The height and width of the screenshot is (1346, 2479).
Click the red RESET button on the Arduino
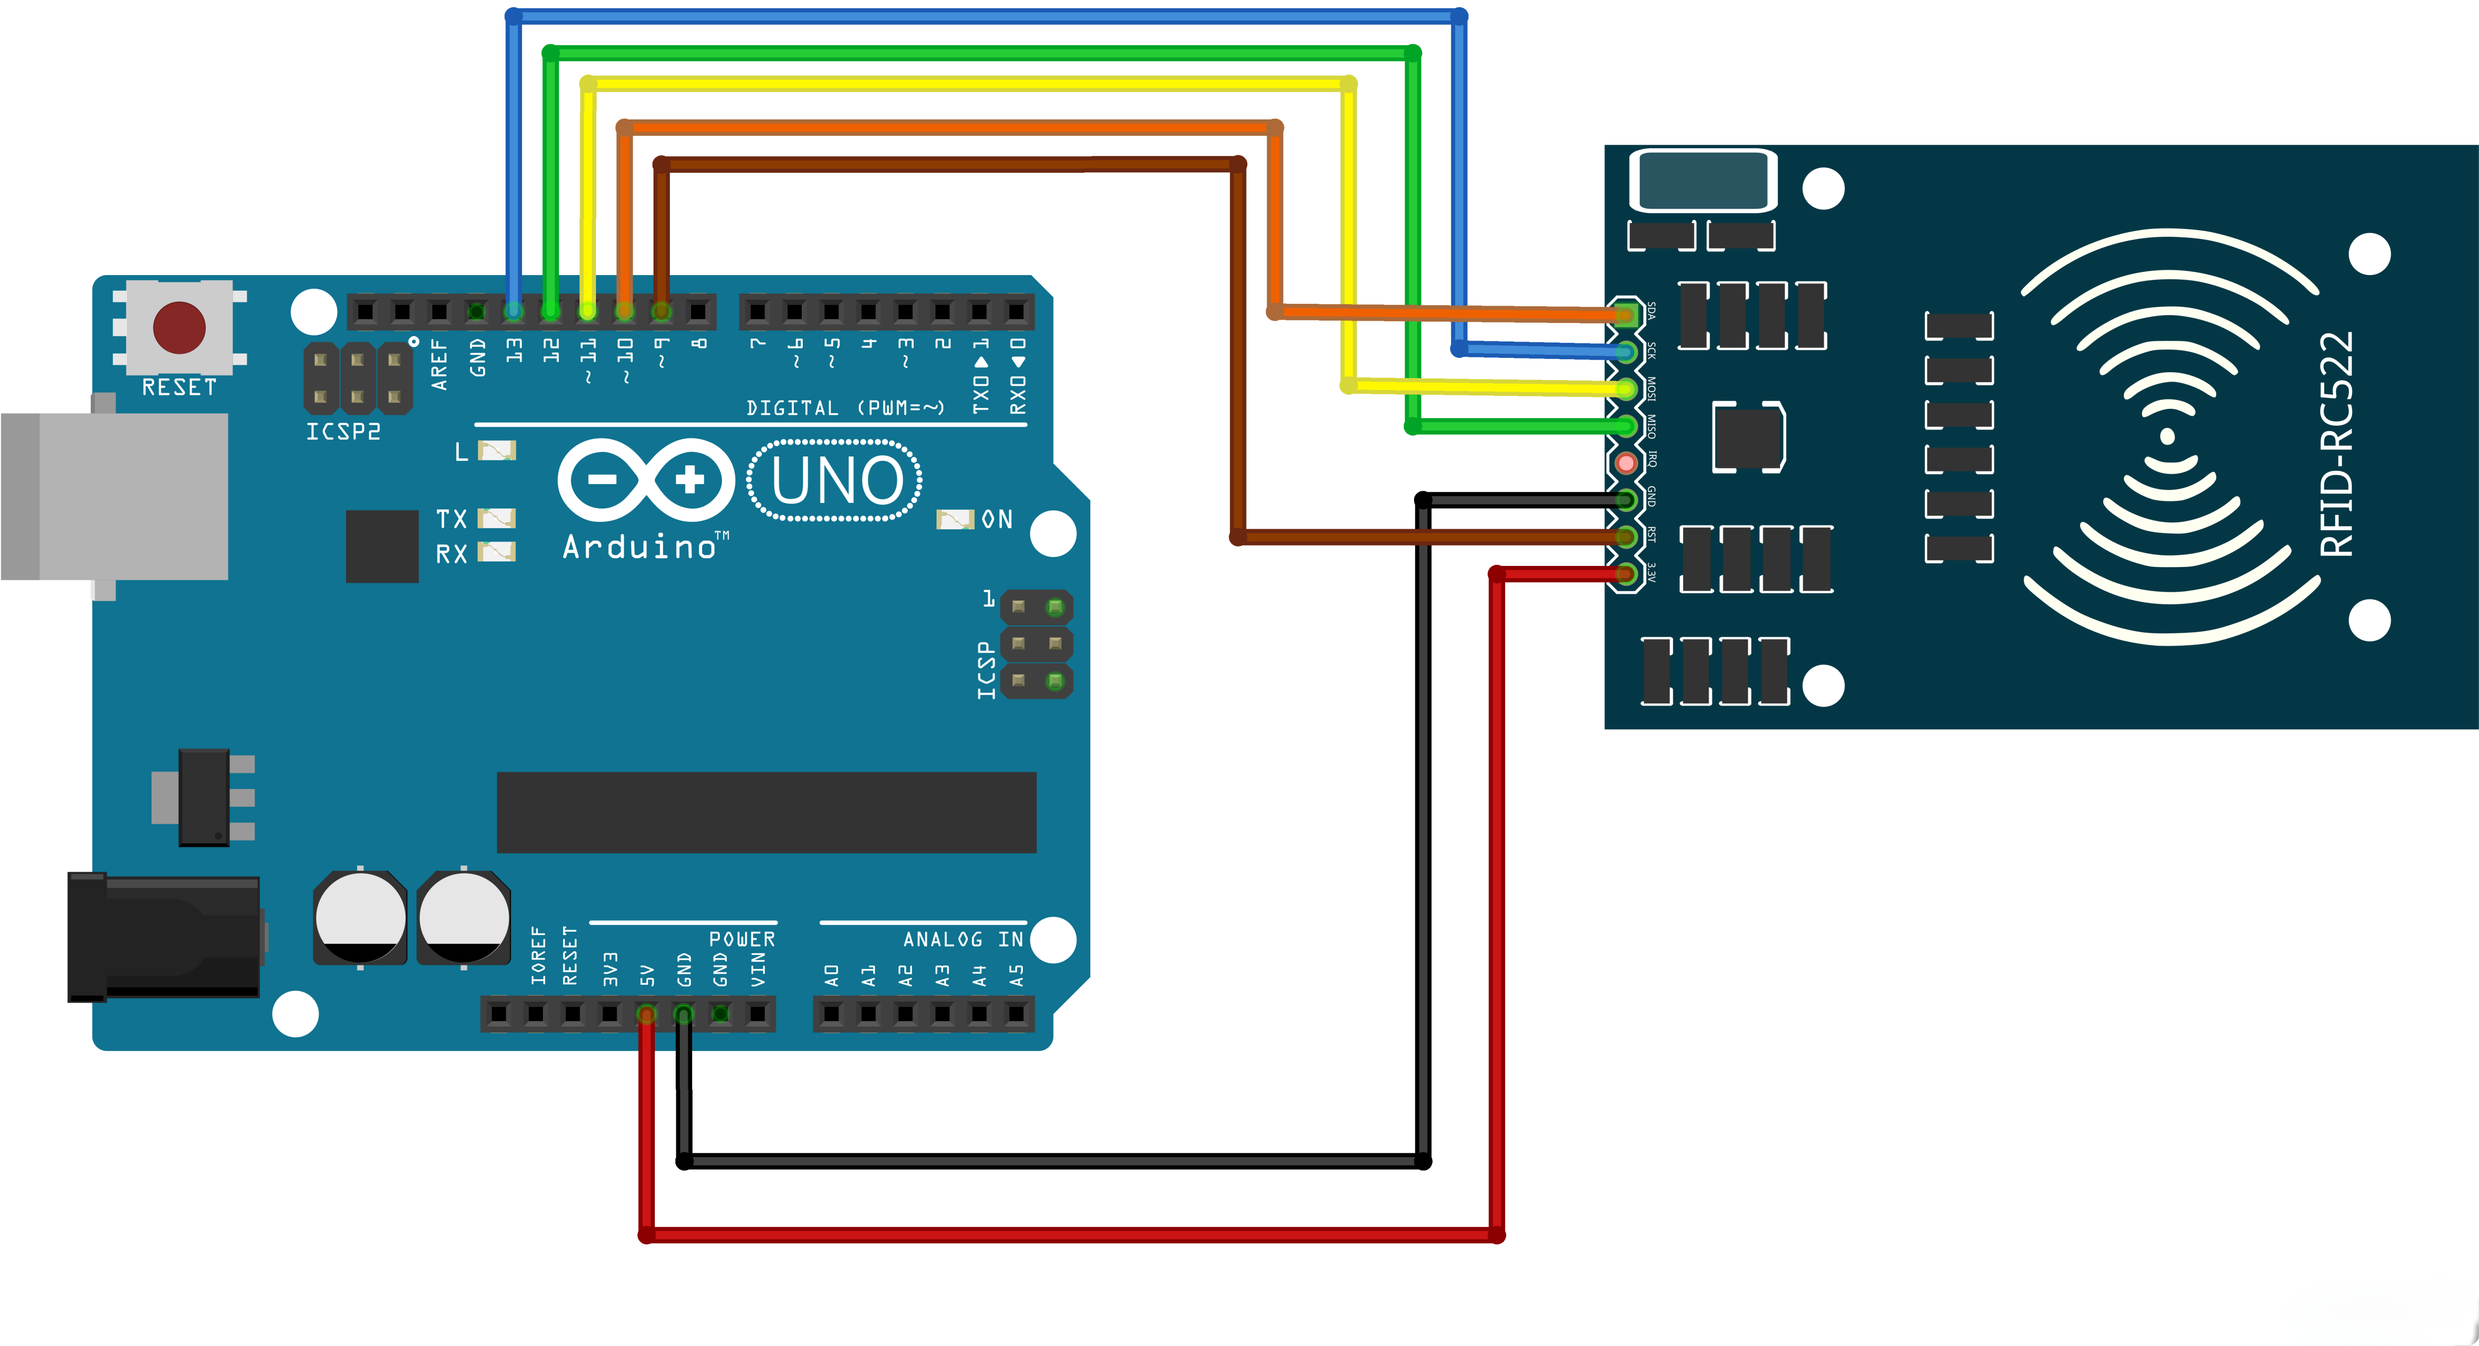tap(179, 327)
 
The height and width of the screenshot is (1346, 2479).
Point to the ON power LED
tap(954, 519)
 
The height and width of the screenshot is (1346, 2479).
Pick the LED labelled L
tap(497, 450)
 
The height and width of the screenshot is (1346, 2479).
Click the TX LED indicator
tap(497, 518)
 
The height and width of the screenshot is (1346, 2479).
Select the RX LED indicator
tap(497, 551)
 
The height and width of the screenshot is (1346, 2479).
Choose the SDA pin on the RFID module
tap(1626, 314)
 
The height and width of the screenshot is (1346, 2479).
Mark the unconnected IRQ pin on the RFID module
tap(1626, 463)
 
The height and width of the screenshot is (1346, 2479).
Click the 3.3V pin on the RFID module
tap(1626, 574)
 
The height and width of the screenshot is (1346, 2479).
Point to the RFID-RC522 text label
tap(2337, 445)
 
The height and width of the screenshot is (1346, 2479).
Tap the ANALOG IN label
tap(962, 939)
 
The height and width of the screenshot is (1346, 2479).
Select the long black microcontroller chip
tap(766, 812)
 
